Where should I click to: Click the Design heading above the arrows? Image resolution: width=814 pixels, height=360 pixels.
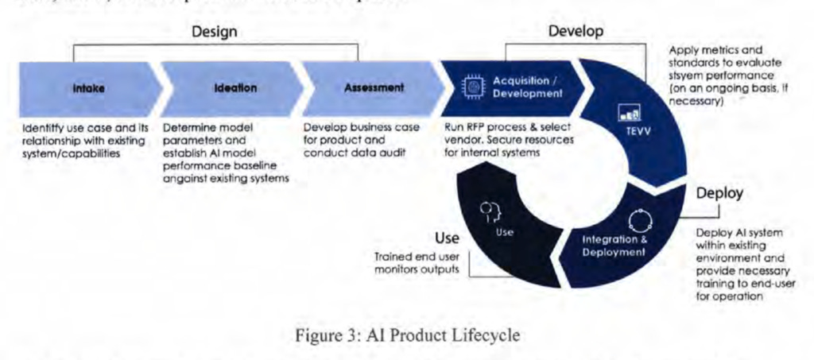pyautogui.click(x=215, y=33)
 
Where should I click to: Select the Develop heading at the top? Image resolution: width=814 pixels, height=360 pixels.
pyautogui.click(x=576, y=30)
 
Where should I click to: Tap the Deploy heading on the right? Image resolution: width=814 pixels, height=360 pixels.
pyautogui.click(x=719, y=193)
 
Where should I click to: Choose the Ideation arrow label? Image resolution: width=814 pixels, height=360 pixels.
pyautogui.click(x=235, y=89)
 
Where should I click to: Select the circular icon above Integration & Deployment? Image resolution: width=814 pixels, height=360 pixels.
pyautogui.click(x=639, y=219)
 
